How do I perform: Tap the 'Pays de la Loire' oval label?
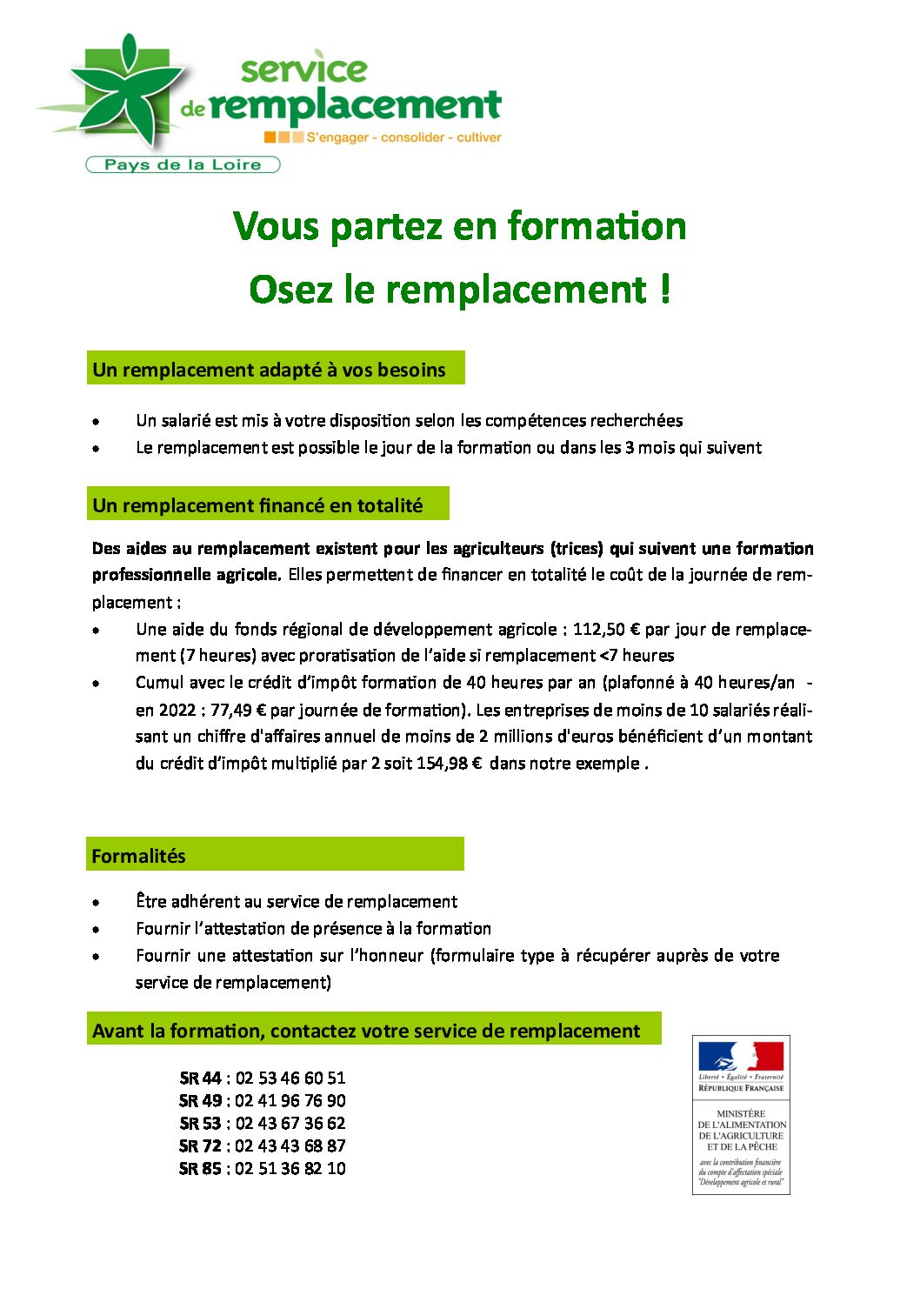click(x=183, y=164)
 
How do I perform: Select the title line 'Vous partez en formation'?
click(x=460, y=226)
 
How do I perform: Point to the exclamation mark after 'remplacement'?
click(x=665, y=289)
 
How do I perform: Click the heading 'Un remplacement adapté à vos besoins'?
click(x=270, y=370)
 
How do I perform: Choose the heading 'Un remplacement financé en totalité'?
click(x=258, y=505)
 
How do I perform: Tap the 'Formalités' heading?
click(x=139, y=856)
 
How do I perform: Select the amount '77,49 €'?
click(x=238, y=710)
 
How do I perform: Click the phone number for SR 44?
click(x=290, y=1078)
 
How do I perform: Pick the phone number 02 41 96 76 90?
click(x=290, y=1100)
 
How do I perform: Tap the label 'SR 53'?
click(x=200, y=1123)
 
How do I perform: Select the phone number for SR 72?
click(x=290, y=1145)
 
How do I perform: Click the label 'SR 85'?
click(x=200, y=1168)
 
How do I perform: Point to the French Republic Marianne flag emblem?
click(x=741, y=1056)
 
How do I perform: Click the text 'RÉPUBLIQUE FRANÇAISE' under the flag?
click(x=741, y=1088)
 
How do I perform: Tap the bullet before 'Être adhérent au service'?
click(x=96, y=903)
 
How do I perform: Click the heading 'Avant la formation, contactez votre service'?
click(x=366, y=1031)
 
